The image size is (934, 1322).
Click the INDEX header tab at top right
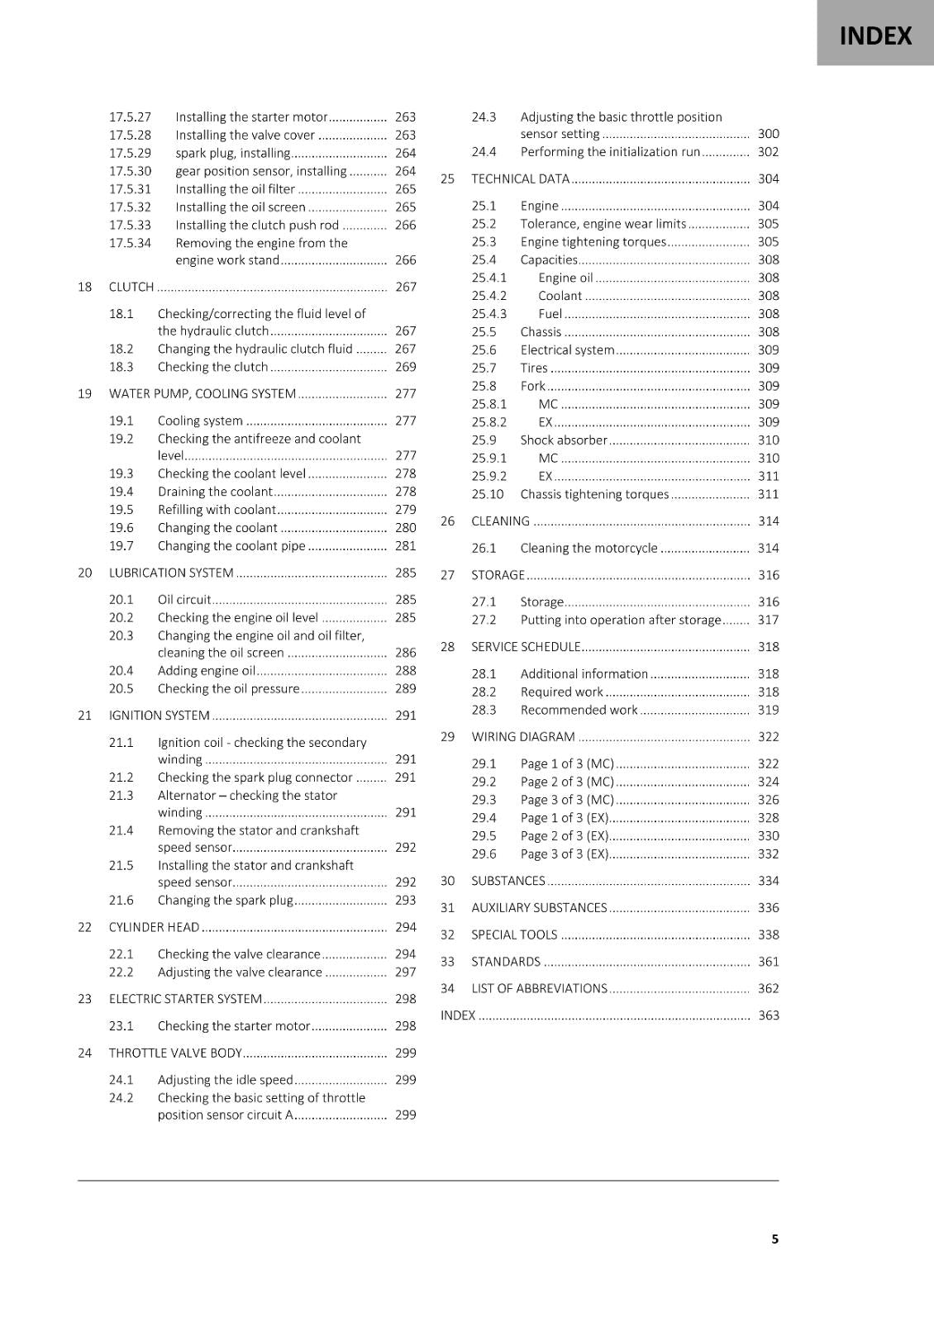tap(875, 36)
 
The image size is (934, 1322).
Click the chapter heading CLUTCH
tap(131, 287)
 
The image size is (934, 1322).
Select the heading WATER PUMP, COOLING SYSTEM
tap(202, 393)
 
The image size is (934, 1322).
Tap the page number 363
tap(769, 1015)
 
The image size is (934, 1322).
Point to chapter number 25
tap(447, 178)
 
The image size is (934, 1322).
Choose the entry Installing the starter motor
tap(251, 117)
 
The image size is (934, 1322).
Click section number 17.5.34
tap(131, 243)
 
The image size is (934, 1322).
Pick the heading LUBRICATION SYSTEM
tap(171, 573)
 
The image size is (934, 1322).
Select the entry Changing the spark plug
tap(225, 900)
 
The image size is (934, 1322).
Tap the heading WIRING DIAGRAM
tap(522, 736)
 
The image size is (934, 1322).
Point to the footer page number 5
tap(774, 1239)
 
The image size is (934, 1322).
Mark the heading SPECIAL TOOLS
tap(514, 934)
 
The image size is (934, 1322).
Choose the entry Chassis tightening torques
tap(594, 494)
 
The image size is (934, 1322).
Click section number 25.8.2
tap(489, 421)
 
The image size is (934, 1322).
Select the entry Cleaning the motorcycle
tap(589, 548)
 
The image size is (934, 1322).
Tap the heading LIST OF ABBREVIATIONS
tap(539, 988)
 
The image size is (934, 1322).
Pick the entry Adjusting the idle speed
tap(225, 1079)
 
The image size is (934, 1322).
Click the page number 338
tap(769, 934)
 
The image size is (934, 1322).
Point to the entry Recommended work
tap(579, 710)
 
